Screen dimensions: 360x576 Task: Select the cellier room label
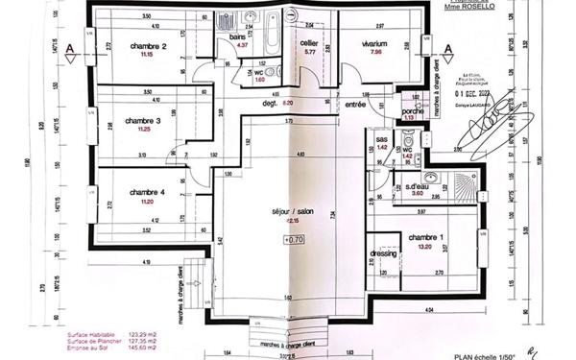coord(309,43)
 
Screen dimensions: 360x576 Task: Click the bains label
coord(238,36)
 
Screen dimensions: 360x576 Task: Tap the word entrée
coord(356,104)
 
